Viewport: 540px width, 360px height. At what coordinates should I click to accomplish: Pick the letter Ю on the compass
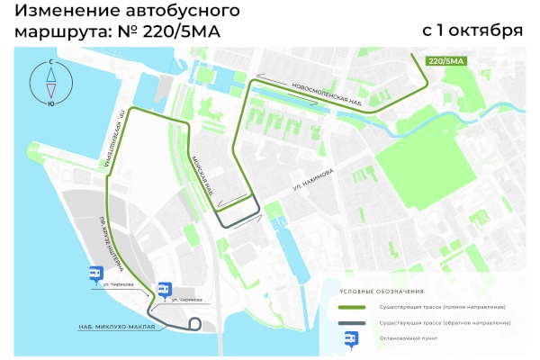pyautogui.click(x=51, y=103)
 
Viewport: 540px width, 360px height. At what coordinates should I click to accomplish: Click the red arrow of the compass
pyautogui.click(x=51, y=89)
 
